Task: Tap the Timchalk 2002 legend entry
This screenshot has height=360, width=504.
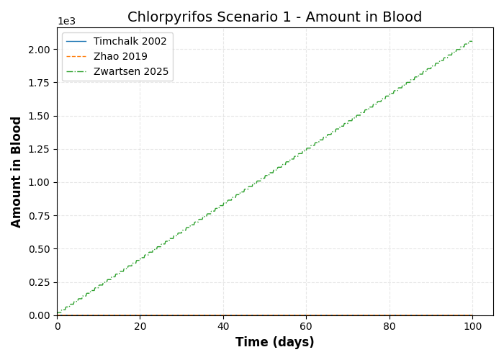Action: click(130, 42)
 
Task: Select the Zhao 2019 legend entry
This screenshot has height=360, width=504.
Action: click(120, 57)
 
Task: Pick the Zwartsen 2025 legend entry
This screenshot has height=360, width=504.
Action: click(131, 72)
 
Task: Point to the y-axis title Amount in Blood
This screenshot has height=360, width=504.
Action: click(17, 171)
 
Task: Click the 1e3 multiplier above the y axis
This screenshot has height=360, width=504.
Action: click(66, 22)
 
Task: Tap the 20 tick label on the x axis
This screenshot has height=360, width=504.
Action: click(140, 327)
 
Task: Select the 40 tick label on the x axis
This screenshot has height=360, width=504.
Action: click(223, 327)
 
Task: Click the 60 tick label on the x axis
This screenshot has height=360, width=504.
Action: click(306, 327)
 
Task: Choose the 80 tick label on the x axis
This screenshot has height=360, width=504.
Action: click(390, 327)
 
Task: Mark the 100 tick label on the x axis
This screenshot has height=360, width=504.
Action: click(472, 327)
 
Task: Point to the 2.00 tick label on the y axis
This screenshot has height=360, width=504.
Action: click(40, 50)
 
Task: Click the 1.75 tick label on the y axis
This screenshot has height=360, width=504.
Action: click(40, 83)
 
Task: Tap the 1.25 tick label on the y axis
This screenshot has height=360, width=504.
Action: click(40, 149)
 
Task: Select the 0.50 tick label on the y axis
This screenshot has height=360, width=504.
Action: click(40, 249)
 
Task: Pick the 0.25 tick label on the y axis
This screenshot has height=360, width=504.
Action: click(40, 282)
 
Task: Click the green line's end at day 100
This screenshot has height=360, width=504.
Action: click(472, 41)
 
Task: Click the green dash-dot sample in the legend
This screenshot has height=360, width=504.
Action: click(77, 72)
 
